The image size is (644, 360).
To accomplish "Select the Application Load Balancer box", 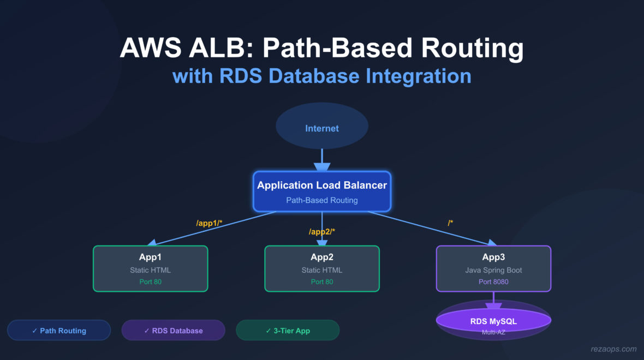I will pos(322,191).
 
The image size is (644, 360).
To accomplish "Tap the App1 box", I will pos(150,268).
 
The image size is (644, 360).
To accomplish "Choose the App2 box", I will pos(322,268).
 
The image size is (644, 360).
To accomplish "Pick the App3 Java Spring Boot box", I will pos(493,268).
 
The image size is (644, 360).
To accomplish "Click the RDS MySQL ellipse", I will pos(493,321).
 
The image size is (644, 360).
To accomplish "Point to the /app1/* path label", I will pos(209,223).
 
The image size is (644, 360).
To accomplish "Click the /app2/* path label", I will pos(322,232).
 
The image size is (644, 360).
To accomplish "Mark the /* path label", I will pos(450,223).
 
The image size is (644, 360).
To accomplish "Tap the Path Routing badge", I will pos(59,330).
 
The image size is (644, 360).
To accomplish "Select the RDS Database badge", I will pos(173,330).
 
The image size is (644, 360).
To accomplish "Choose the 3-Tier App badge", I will pos(288,330).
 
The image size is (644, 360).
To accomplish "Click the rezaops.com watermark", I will pos(613,349).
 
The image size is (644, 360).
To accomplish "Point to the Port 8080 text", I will pos(493,282).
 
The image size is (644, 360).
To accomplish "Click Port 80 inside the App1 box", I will pos(150,282).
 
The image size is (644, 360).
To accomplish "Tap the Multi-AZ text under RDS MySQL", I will pos(493,332).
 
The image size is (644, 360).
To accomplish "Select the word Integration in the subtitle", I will pos(418,75).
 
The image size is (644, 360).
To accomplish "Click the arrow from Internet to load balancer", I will pos(322,159).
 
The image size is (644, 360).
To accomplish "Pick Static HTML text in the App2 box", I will pos(322,270).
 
